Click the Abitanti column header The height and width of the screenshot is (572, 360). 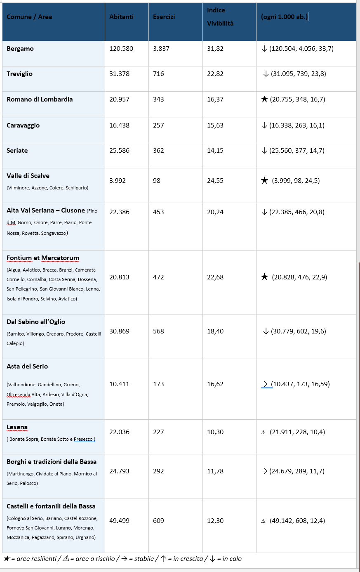click(121, 17)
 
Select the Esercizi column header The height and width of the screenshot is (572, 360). click(164, 17)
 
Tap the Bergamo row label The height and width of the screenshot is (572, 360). click(20, 49)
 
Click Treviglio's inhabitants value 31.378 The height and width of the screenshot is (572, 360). click(119, 74)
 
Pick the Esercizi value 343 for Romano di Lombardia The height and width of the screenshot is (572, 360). click(158, 99)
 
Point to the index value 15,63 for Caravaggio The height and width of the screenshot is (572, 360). click(215, 125)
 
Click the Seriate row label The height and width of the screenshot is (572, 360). click(17, 151)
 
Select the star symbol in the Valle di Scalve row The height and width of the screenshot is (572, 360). click(265, 181)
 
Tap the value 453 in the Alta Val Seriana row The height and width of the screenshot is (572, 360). click(158, 212)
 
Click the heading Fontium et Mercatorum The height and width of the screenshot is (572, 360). click(43, 258)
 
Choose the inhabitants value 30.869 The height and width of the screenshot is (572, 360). click(119, 331)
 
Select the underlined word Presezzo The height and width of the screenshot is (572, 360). click(84, 439)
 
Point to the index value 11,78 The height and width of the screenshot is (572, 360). click(215, 471)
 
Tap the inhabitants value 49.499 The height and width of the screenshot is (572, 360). click(119, 521)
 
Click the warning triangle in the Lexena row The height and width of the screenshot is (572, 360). click(263, 433)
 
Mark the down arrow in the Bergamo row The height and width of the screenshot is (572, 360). click(264, 49)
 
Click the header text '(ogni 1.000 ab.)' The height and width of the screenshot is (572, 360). click(284, 17)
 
